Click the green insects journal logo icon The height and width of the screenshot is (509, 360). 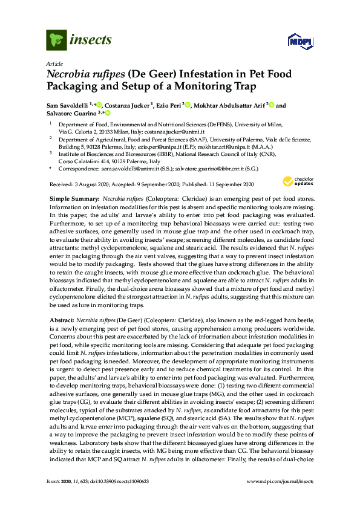[56, 40]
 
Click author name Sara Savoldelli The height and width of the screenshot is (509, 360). [68, 106]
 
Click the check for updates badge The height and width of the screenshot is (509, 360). [295, 181]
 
